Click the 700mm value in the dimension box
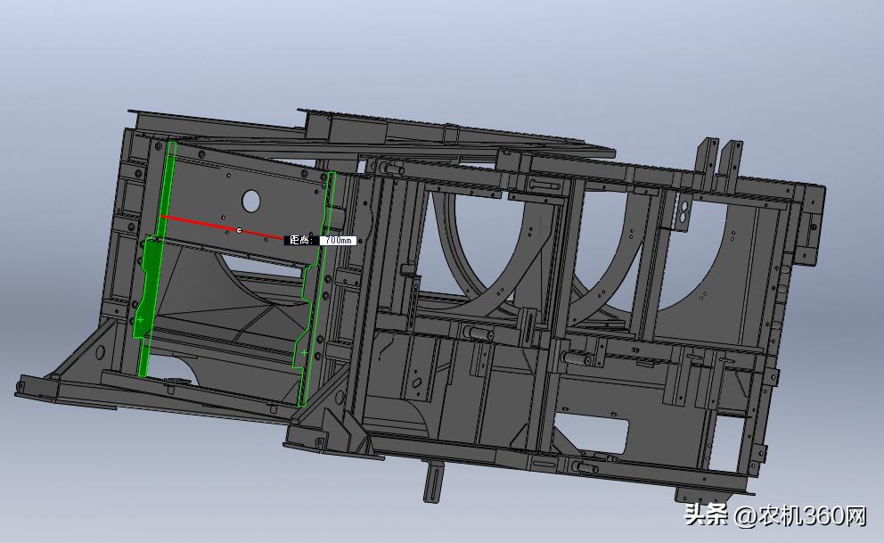[x=339, y=240]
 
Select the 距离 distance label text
[x=300, y=240]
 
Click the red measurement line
[x=222, y=227]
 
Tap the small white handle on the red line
[x=239, y=230]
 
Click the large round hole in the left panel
[x=251, y=201]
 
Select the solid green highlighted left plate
[x=152, y=271]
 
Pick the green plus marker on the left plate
[x=141, y=320]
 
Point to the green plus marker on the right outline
[x=304, y=353]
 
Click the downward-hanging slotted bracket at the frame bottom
[x=432, y=480]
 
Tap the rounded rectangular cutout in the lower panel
[x=592, y=433]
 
